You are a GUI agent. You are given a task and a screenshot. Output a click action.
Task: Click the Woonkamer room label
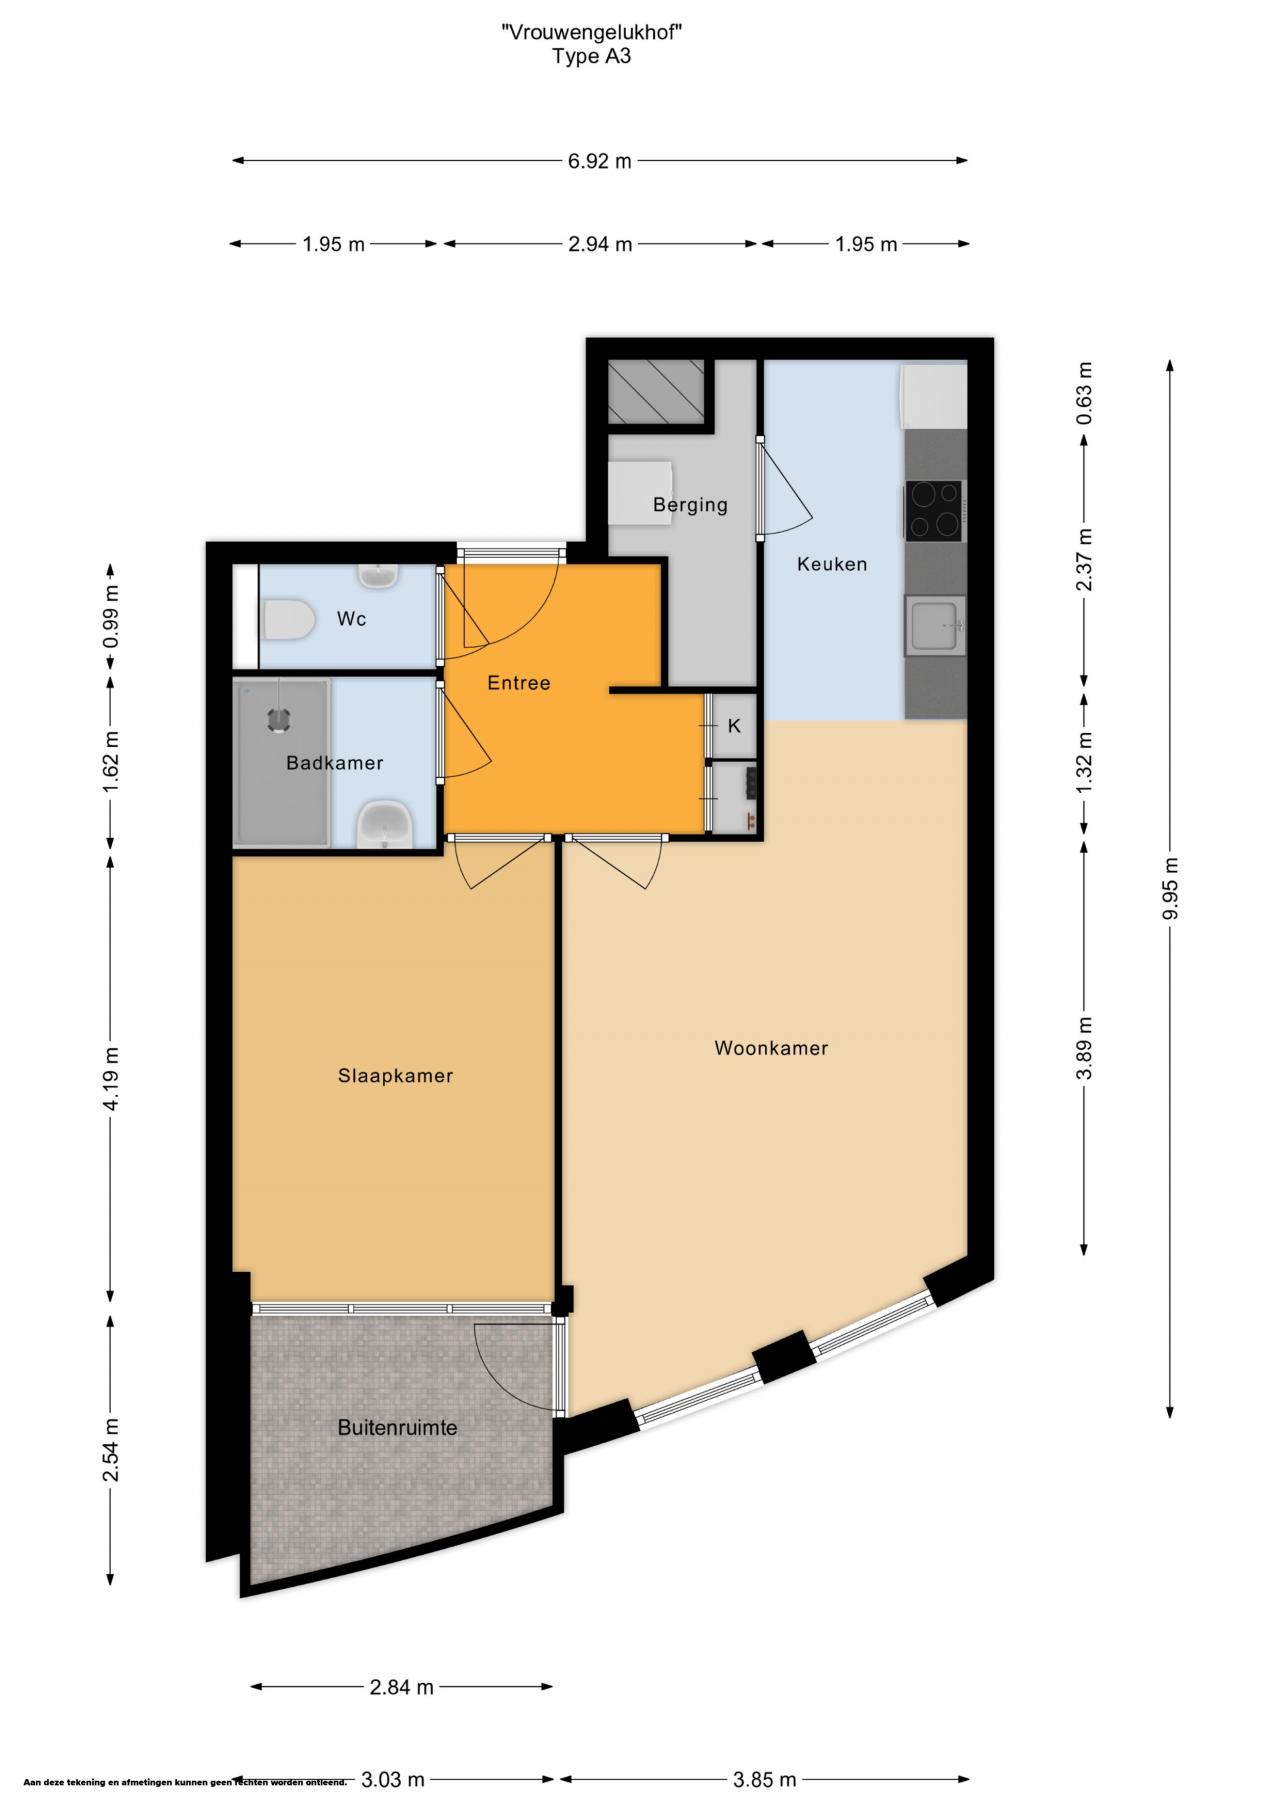point(771,1048)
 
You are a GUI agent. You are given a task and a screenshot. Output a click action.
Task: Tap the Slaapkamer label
point(395,1076)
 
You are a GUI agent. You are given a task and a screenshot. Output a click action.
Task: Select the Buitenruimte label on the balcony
point(397,1427)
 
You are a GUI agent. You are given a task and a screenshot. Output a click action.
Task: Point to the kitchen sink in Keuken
point(935,625)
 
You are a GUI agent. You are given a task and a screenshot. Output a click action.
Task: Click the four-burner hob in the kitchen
point(934,510)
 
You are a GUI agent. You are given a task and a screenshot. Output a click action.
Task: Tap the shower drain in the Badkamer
point(277,719)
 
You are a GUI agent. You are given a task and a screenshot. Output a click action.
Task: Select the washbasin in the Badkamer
point(385,824)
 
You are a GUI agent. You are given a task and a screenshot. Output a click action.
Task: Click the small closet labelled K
point(733,726)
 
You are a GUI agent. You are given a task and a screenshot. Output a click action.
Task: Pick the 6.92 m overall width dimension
point(600,160)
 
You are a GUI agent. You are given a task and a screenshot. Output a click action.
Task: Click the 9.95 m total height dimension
point(1170,889)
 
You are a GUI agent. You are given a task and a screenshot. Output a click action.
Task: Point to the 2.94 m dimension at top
point(600,243)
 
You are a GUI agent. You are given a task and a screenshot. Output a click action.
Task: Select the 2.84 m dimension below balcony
point(401,1687)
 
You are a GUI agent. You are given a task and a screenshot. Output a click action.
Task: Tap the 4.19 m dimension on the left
point(110,1077)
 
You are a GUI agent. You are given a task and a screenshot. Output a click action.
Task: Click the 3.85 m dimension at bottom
point(765,1779)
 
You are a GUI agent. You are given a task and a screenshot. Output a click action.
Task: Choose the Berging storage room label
point(690,505)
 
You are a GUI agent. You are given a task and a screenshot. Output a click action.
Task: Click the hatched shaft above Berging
point(658,392)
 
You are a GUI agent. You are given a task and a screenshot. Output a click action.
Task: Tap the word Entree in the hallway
point(519,683)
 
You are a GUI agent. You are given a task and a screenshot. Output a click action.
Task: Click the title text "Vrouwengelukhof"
point(592,32)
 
